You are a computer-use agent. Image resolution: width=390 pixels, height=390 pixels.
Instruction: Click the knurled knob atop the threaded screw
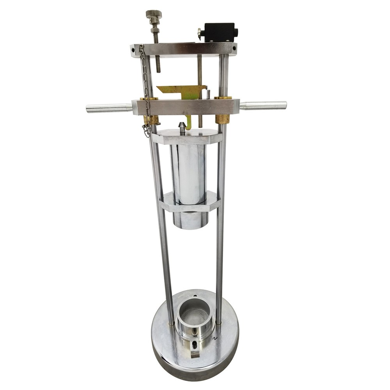click(154, 14)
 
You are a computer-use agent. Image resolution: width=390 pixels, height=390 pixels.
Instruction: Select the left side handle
click(108, 108)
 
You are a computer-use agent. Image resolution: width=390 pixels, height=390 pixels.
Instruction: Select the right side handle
click(263, 105)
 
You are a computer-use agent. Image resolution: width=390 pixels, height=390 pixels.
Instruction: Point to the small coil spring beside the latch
click(208, 94)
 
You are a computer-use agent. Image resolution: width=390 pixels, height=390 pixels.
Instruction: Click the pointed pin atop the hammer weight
click(182, 127)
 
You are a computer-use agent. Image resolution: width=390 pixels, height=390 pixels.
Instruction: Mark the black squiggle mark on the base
click(214, 339)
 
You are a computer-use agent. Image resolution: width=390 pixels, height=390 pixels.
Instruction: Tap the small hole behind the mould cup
click(195, 296)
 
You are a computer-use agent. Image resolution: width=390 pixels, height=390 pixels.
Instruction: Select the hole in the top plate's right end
click(234, 49)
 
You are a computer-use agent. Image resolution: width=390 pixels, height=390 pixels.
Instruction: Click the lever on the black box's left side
click(200, 34)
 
